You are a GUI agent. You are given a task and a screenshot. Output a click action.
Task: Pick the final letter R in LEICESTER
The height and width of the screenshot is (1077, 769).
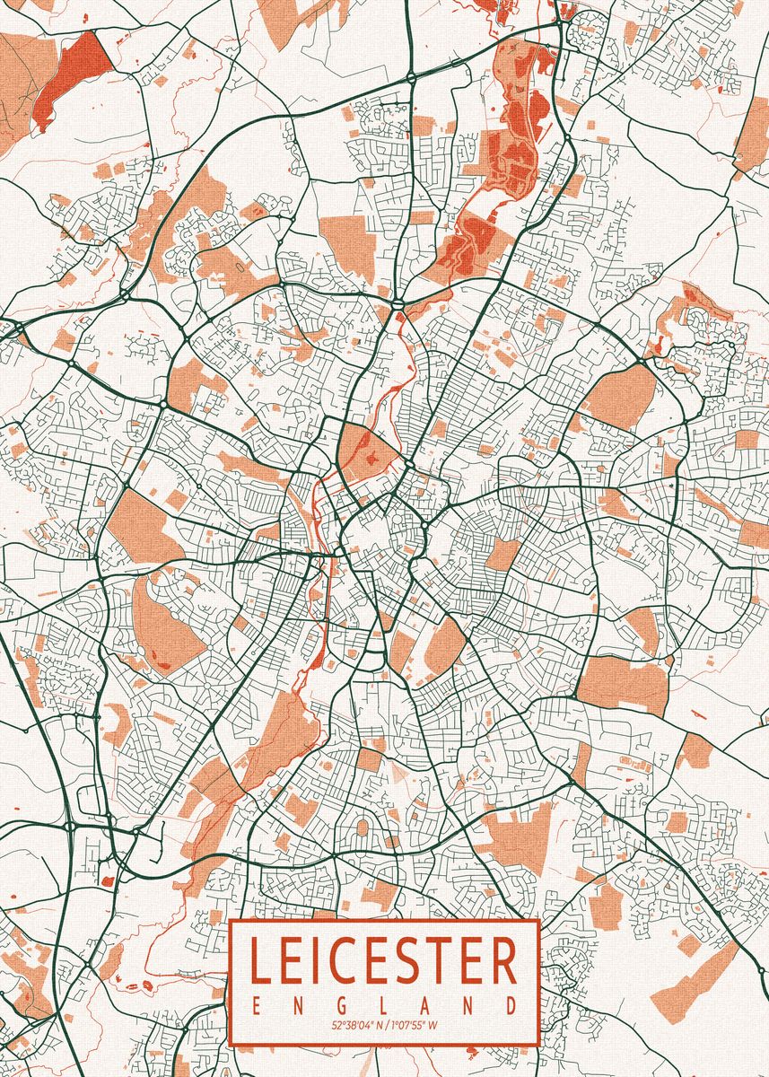click(x=504, y=961)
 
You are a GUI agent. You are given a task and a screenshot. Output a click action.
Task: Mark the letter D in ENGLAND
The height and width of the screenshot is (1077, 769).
click(x=511, y=1003)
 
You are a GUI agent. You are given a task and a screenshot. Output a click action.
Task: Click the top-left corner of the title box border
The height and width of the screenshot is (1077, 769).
click(x=231, y=920)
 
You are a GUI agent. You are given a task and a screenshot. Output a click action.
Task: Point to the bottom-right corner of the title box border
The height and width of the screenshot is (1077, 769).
click(x=538, y=1045)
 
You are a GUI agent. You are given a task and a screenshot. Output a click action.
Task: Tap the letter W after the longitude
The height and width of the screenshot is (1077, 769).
click(x=433, y=1025)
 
